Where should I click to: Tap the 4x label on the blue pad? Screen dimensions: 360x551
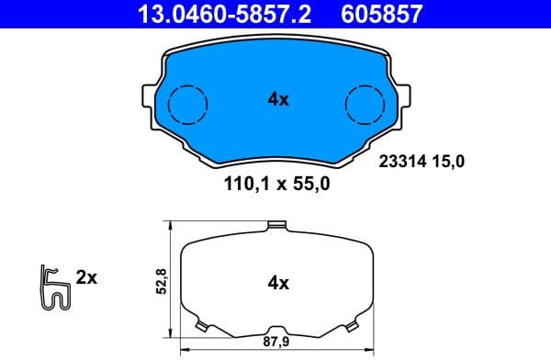pos(278,100)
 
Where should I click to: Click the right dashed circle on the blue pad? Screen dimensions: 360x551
pos(365,102)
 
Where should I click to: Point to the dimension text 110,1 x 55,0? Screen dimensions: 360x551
pos(276,184)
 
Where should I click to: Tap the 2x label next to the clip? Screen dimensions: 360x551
pos(86,276)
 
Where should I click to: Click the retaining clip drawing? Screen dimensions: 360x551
pos(54,287)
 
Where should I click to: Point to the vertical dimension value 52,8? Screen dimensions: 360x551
pos(162,281)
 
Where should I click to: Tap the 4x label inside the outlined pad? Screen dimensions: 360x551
pos(278,283)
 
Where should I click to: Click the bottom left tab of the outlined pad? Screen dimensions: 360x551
pos(201,326)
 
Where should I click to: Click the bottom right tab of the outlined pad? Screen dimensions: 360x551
pos(352,326)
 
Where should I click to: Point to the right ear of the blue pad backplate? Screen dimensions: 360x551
pos(407,95)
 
